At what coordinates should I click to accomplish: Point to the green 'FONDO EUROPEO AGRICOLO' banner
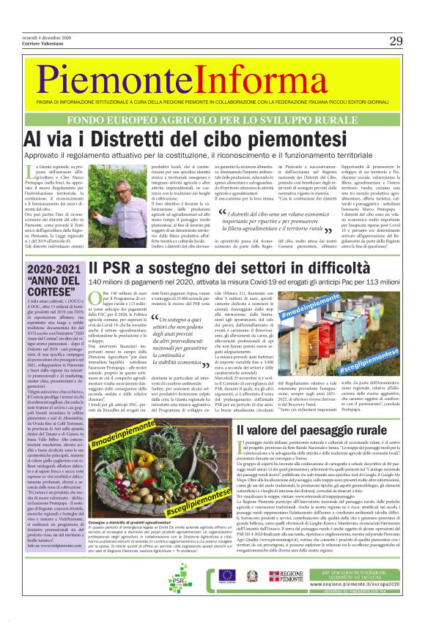[212, 118]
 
